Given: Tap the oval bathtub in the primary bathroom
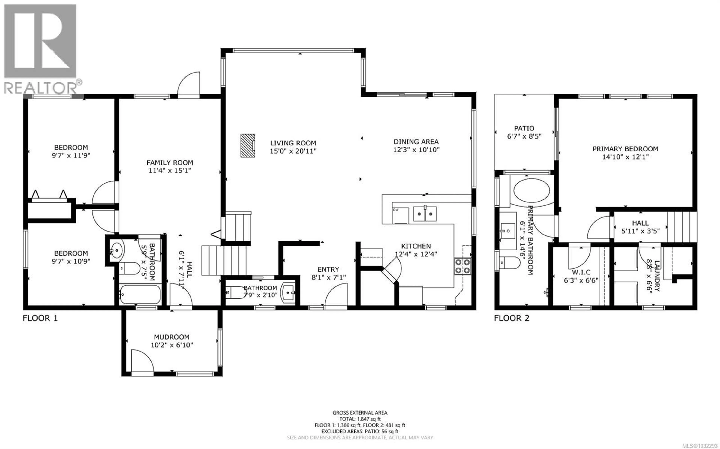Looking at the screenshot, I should coord(531,190).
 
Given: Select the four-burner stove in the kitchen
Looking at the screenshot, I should coord(463,266).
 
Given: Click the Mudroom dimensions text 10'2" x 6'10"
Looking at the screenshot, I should coord(172,345).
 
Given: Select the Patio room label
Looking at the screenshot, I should coord(524,128).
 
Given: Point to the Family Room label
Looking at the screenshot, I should coord(169,163).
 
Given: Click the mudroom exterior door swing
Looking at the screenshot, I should coord(142,361).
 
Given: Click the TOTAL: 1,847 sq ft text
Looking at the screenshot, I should coord(360,419).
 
